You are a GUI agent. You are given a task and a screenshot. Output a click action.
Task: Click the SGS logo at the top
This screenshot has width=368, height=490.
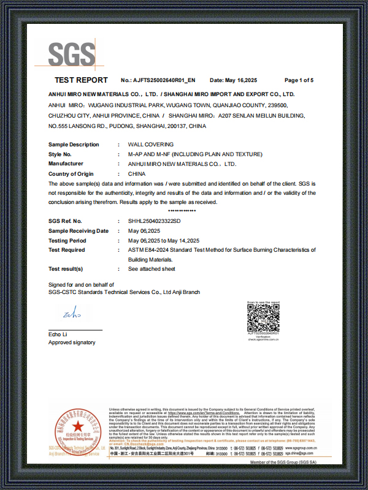(x=72, y=55)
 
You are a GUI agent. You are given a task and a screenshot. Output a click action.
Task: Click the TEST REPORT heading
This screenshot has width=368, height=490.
(x=81, y=80)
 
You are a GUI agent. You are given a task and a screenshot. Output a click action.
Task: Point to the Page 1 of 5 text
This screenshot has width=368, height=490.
(x=299, y=80)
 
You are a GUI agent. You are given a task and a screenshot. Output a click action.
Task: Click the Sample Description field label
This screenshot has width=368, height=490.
(x=74, y=145)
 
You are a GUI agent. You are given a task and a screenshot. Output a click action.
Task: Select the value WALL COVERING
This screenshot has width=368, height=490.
(x=150, y=145)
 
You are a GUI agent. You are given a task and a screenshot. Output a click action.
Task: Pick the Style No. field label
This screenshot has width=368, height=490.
(x=60, y=154)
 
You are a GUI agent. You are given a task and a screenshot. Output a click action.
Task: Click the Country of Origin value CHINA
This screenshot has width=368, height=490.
(x=137, y=174)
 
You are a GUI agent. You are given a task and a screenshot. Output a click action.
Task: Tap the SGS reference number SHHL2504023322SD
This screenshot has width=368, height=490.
(x=154, y=221)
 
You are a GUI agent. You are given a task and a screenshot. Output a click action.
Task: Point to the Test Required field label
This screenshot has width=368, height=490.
(x=67, y=250)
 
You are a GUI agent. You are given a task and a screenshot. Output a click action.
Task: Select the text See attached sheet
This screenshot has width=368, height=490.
(x=151, y=269)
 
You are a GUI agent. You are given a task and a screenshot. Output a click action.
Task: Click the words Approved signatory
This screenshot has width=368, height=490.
(x=72, y=342)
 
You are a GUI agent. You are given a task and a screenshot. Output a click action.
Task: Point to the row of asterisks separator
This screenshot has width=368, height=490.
(x=182, y=211)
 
